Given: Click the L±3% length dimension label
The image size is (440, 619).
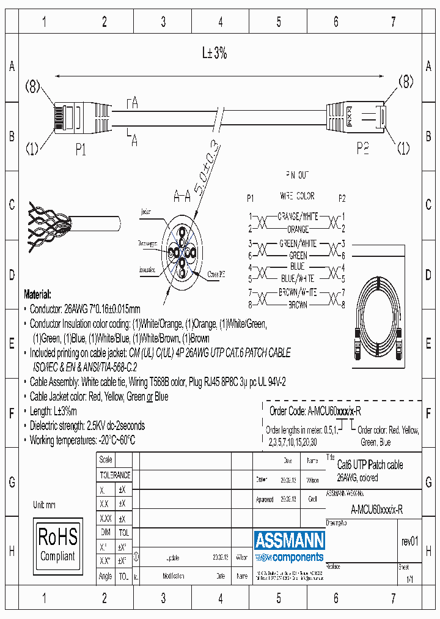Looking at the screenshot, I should tap(215, 53).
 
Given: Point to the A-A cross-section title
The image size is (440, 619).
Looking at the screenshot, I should tap(182, 197).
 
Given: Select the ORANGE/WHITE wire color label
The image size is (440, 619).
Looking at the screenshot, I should tap(298, 217).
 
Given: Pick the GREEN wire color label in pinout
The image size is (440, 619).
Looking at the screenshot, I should tap(298, 255).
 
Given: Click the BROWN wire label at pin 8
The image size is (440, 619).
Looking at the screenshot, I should tap(298, 304).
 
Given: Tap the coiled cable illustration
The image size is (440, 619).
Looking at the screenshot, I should tap(380, 321).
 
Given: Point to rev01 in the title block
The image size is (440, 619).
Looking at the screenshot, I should tap(409, 541).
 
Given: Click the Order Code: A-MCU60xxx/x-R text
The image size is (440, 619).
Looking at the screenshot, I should tap(319, 411).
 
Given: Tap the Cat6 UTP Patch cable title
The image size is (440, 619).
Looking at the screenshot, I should tap(370, 465).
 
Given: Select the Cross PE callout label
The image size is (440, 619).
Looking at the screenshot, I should tap(217, 275).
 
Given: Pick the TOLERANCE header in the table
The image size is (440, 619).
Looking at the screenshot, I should tap(115, 475).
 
